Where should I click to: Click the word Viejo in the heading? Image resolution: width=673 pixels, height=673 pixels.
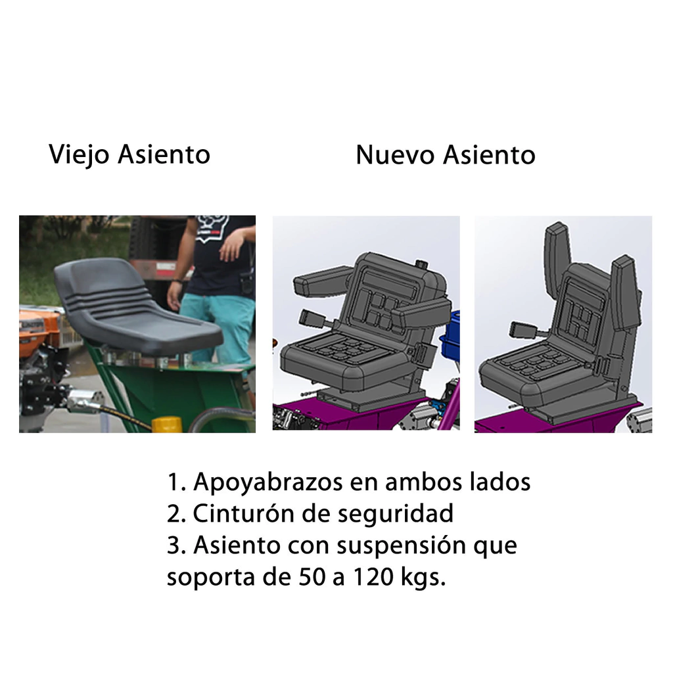click(79, 154)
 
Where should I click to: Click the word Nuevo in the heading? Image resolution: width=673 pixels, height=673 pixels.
click(395, 154)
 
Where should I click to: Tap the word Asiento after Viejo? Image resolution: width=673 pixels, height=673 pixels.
click(164, 154)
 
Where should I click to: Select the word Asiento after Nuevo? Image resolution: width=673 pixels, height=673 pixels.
click(489, 154)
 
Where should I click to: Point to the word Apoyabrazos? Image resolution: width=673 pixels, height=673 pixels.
click(268, 482)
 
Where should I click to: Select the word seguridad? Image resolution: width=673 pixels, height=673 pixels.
click(395, 513)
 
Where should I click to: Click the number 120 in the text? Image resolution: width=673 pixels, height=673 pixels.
click(373, 577)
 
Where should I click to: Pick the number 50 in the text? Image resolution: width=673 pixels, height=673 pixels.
click(312, 577)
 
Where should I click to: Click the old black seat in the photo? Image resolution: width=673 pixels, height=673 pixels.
click(137, 308)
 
